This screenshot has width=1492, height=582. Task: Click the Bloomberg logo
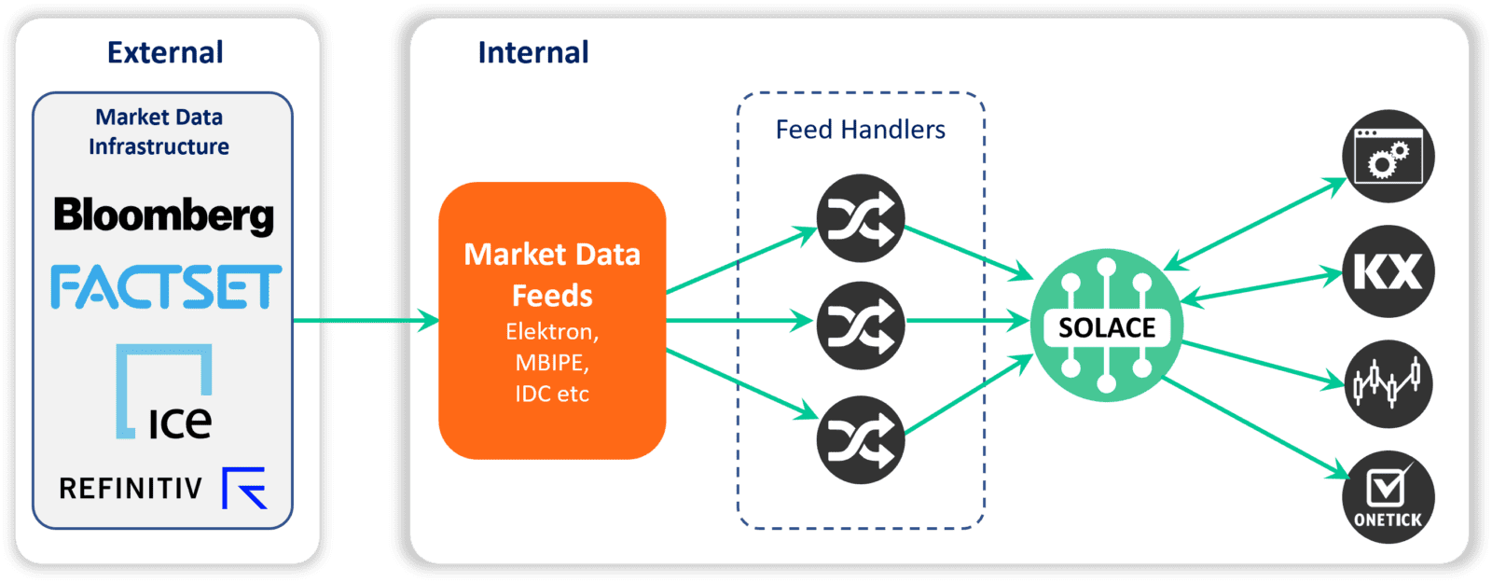(x=163, y=215)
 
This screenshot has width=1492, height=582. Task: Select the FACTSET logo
(x=166, y=287)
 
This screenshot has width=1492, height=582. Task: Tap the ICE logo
(x=164, y=393)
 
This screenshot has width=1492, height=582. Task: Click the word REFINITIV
(x=131, y=488)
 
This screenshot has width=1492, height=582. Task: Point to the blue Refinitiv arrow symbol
(x=244, y=488)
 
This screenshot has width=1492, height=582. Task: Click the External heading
(x=165, y=52)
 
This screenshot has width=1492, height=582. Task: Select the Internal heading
(x=532, y=52)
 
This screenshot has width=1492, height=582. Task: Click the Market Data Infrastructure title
(x=159, y=132)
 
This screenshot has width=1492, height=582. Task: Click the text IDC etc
(x=552, y=394)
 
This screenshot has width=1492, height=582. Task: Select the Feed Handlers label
(x=860, y=130)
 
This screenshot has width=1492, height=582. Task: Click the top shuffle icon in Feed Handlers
(x=861, y=218)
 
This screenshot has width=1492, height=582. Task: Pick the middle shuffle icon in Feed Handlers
(x=861, y=326)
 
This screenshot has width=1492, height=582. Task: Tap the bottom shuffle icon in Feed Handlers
(x=861, y=440)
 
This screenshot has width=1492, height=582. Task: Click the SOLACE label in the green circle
(x=1107, y=327)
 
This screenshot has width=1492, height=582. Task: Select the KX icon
(x=1388, y=271)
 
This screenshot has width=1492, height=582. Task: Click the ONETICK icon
(x=1388, y=498)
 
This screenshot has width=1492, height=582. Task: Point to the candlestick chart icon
(x=1388, y=383)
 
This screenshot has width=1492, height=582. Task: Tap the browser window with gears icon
(x=1388, y=157)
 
